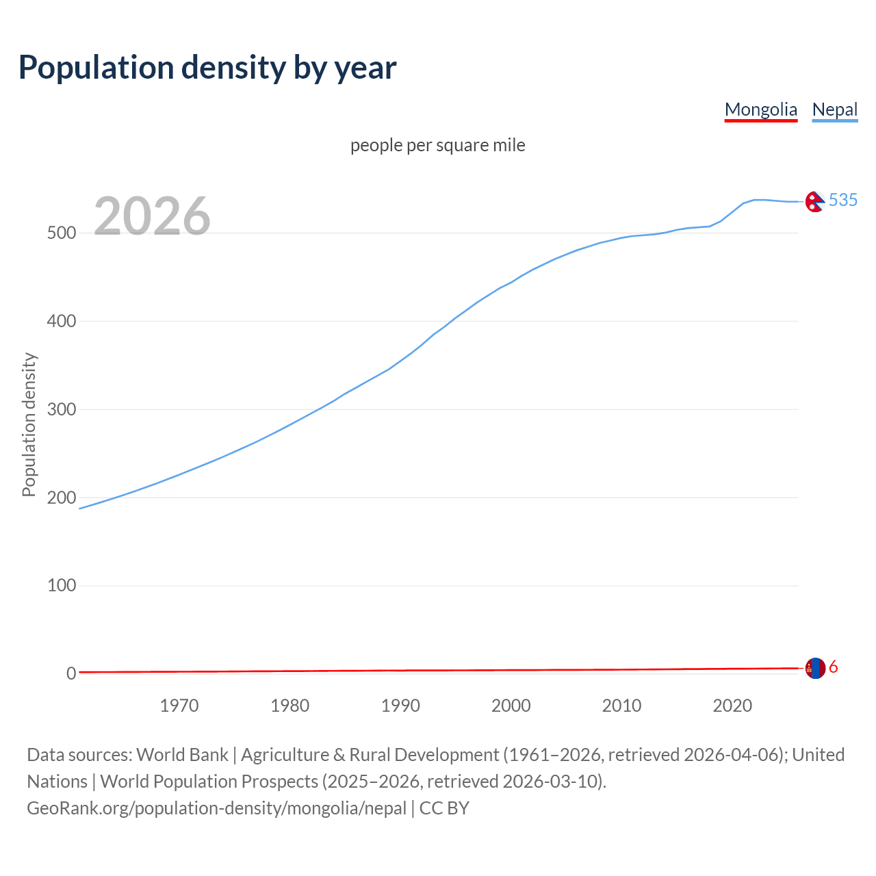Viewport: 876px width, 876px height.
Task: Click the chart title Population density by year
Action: [x=207, y=68]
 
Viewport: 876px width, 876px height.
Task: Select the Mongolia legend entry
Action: [x=760, y=109]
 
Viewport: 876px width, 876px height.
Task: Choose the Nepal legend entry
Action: [x=834, y=109]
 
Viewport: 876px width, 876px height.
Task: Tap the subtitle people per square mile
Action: [x=437, y=145]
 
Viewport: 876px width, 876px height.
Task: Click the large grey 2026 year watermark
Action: [x=152, y=216]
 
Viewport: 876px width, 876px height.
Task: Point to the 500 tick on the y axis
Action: [x=61, y=233]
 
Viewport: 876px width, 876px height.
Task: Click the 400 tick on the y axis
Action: [x=61, y=321]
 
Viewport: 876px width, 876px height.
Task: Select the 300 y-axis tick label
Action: [x=61, y=409]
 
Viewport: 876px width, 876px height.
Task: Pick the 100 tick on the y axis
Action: [x=61, y=586]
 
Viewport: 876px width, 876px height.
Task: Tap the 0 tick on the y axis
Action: [x=71, y=673]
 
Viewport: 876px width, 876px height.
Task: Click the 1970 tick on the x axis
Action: [x=179, y=706]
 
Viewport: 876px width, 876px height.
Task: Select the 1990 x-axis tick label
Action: [x=400, y=706]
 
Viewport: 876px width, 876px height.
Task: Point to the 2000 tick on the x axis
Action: [x=511, y=706]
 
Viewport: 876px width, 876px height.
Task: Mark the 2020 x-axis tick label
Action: [x=732, y=706]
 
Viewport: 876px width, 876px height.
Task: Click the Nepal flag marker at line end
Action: [x=814, y=202]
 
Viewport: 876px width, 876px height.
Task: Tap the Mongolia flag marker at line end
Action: [x=815, y=668]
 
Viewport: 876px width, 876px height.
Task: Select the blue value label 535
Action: [x=843, y=200]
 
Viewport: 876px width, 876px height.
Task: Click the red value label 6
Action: [x=834, y=667]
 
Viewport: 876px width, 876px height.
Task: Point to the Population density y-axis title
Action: [x=29, y=424]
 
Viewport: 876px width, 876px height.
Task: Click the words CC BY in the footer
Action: [x=444, y=808]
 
